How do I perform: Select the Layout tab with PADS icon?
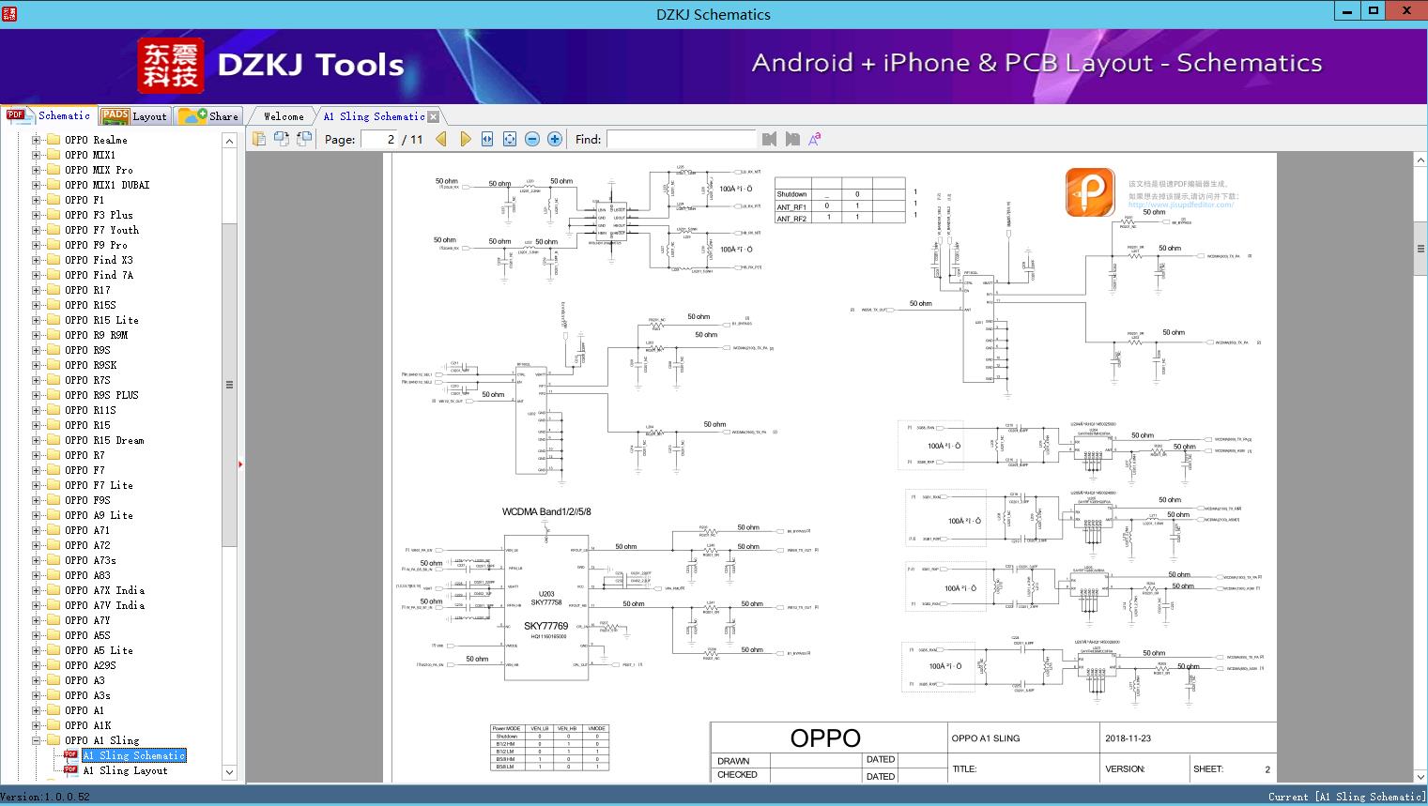pyautogui.click(x=134, y=116)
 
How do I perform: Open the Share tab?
pyautogui.click(x=209, y=116)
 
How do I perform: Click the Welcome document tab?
pyautogui.click(x=284, y=116)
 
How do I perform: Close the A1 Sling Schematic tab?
pyautogui.click(x=434, y=117)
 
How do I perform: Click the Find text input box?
pyautogui.click(x=681, y=139)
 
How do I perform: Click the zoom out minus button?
pyautogui.click(x=532, y=139)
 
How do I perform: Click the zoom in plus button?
pyautogui.click(x=555, y=139)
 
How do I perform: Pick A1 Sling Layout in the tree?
pyautogui.click(x=125, y=770)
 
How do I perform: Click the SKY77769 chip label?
pyautogui.click(x=545, y=626)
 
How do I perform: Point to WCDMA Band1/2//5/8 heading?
pyautogui.click(x=546, y=512)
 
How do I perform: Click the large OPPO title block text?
pyautogui.click(x=825, y=738)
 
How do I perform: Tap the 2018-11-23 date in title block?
pyautogui.click(x=1128, y=738)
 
